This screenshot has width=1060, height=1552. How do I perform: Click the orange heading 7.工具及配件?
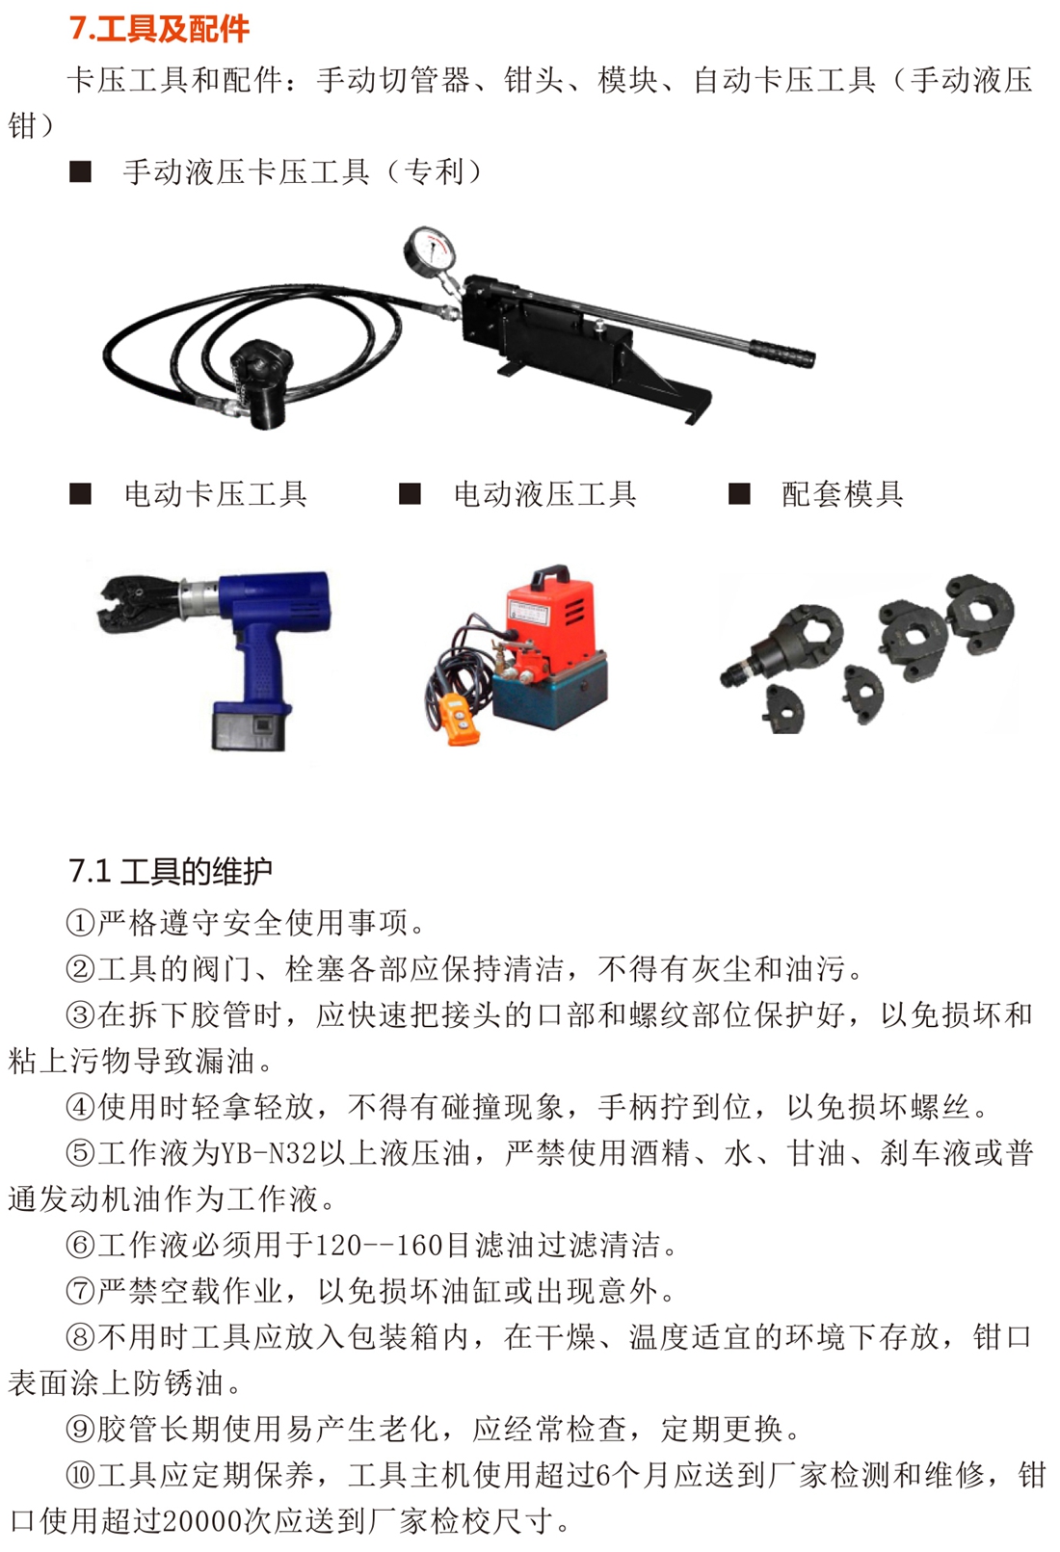(159, 28)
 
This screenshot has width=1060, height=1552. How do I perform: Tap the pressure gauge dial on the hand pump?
(429, 251)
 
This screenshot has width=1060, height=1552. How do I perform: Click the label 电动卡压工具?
(216, 495)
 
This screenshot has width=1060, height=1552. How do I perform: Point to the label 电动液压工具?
(544, 495)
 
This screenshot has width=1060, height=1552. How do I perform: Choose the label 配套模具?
(842, 495)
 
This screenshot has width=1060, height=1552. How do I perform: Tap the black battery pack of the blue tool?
(251, 726)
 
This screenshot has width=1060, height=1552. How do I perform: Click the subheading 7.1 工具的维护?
(171, 871)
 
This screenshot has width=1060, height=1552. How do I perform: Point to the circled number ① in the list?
(80, 923)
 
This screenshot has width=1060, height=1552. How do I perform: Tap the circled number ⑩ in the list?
(80, 1476)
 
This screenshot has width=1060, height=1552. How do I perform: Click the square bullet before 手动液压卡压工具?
(80, 171)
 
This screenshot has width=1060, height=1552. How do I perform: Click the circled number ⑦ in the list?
(80, 1292)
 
